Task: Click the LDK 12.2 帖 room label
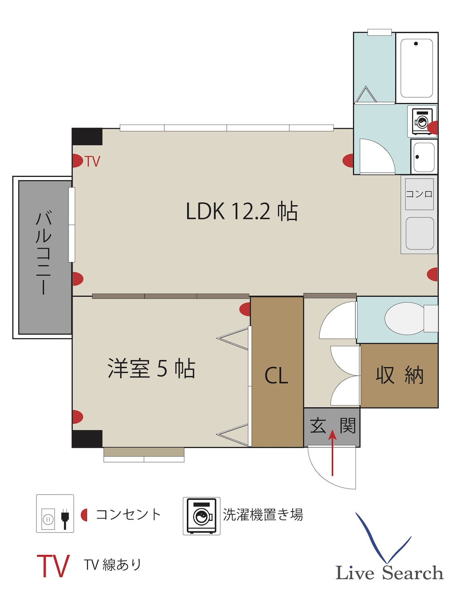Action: coord(241,211)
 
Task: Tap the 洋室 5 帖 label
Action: coord(151,368)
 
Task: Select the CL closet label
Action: coord(276,376)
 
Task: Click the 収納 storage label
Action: coord(399,375)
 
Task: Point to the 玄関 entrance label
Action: coord(332,425)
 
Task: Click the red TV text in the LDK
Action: coord(92,162)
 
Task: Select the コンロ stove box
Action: coord(419,194)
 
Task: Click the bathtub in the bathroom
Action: coord(417,68)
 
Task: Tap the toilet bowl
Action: coord(405,318)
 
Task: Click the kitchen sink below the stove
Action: coord(419,234)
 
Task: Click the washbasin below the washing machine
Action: coord(423,157)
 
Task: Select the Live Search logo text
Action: coord(389,573)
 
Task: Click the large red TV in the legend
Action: coord(53,566)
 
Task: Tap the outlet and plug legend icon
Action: coord(55,514)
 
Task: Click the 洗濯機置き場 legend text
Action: coord(263,514)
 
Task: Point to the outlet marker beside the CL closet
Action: coord(245,309)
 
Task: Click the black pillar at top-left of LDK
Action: coord(87,137)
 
